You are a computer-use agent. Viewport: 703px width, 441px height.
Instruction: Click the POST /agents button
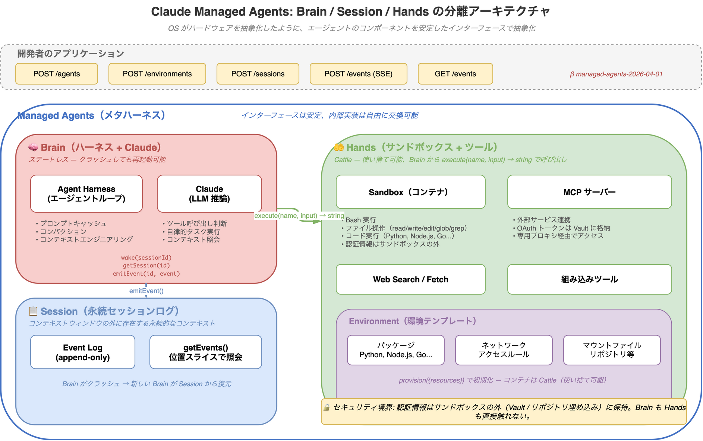point(57,74)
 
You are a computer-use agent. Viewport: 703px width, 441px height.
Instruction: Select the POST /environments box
point(157,74)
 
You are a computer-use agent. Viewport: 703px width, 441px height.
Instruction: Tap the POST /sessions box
point(258,74)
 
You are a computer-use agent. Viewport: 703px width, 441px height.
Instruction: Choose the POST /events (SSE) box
point(358,74)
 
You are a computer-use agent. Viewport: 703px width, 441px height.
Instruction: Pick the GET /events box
point(455,74)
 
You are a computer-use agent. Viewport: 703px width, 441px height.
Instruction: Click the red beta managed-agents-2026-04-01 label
point(616,74)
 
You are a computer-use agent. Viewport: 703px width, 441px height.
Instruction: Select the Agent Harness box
point(86,194)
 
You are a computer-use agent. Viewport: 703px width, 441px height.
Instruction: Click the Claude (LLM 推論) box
point(209,194)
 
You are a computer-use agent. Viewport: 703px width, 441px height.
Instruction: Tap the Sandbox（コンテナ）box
point(410,192)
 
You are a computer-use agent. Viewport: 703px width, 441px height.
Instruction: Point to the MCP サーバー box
point(589,192)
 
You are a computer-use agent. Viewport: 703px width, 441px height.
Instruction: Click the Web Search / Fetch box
point(410,279)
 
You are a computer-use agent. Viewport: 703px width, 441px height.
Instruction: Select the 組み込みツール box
point(589,279)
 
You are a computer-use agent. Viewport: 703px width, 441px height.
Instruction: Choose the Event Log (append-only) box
point(83,352)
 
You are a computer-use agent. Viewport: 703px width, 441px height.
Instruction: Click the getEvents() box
point(205,352)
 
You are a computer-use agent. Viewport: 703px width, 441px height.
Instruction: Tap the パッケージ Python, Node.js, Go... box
point(395,350)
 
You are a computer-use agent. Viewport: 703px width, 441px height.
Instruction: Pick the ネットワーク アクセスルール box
point(504,350)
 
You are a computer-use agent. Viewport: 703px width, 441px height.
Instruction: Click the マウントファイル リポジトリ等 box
point(612,350)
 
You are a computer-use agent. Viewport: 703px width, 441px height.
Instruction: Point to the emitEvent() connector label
point(146,291)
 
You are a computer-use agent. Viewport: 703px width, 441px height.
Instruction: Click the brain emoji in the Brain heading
point(33,148)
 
